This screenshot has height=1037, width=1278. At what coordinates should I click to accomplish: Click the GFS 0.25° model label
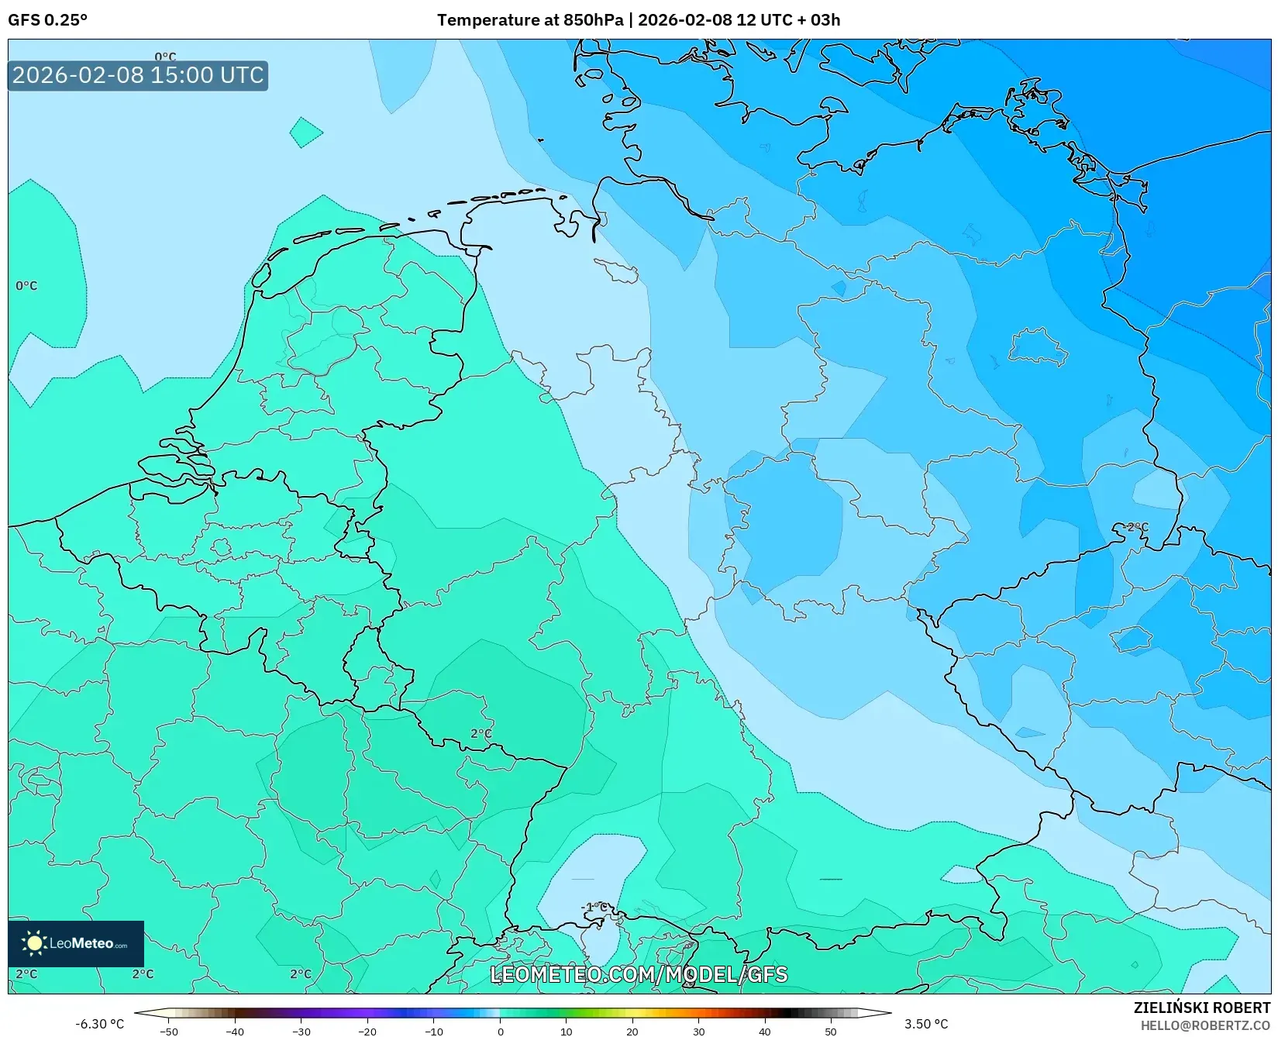pyautogui.click(x=47, y=20)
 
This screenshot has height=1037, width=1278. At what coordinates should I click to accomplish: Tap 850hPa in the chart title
pyautogui.click(x=593, y=20)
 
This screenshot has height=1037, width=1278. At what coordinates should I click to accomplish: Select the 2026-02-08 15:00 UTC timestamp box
pyautogui.click(x=138, y=75)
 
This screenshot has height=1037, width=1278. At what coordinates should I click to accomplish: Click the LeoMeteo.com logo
pyautogui.click(x=76, y=943)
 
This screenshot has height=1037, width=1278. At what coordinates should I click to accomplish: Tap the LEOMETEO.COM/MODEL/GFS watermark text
pyautogui.click(x=639, y=974)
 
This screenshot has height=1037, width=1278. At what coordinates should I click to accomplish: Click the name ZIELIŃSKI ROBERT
pyautogui.click(x=1202, y=1008)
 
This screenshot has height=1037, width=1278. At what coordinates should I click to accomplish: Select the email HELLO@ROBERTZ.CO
pyautogui.click(x=1205, y=1025)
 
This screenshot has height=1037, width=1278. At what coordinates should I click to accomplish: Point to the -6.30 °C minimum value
pyautogui.click(x=99, y=1024)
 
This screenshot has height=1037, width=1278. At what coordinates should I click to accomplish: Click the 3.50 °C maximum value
pyautogui.click(x=926, y=1024)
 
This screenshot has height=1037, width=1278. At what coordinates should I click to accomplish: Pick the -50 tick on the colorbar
pyautogui.click(x=168, y=1031)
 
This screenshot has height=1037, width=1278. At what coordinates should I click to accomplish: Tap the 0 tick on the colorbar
pyautogui.click(x=500, y=1031)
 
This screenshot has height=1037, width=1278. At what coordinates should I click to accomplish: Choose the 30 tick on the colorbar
pyautogui.click(x=699, y=1031)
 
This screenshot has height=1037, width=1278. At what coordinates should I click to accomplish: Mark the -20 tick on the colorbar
pyautogui.click(x=367, y=1031)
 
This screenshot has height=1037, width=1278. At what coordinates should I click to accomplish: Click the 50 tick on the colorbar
pyautogui.click(x=831, y=1031)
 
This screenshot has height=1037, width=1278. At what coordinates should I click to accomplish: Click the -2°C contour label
pyautogui.click(x=1135, y=527)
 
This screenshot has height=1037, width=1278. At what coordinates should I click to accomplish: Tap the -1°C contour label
pyautogui.click(x=594, y=907)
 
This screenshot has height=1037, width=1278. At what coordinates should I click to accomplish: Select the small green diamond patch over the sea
pyautogui.click(x=306, y=133)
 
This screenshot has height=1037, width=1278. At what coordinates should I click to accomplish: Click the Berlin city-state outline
pyautogui.click(x=1039, y=346)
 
